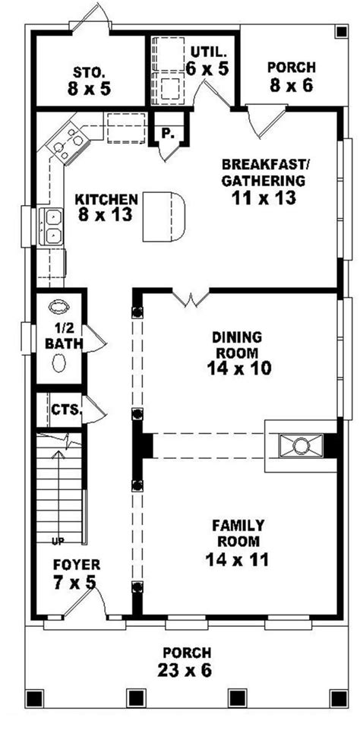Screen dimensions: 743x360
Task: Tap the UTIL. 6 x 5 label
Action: click(x=207, y=60)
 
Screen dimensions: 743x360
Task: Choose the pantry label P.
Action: click(x=166, y=132)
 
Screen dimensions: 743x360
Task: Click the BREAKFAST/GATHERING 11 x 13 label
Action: click(x=264, y=182)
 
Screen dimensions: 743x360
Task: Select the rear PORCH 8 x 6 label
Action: click(x=291, y=76)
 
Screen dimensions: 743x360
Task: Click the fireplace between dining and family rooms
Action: click(x=301, y=445)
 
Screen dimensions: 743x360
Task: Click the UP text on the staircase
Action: click(x=57, y=541)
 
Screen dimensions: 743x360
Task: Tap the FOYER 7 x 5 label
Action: click(x=75, y=575)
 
